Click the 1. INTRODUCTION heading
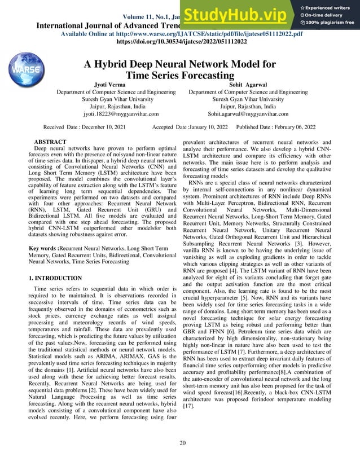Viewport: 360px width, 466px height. tap(55, 278)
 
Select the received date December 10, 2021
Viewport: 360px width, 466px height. tap(109, 128)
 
